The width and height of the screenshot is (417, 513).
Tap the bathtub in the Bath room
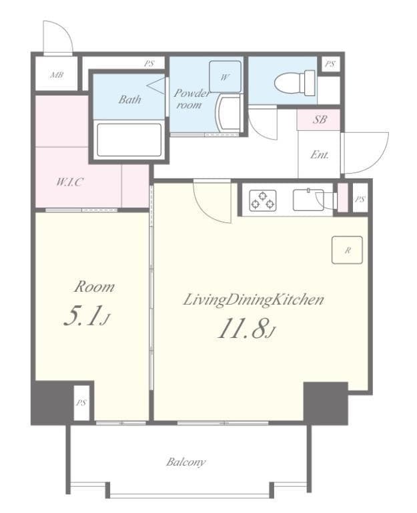coord(129,140)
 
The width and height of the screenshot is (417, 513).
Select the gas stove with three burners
coord(263,200)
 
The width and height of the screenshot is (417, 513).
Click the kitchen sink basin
coord(308,200)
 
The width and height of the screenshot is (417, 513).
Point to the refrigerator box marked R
coord(347,250)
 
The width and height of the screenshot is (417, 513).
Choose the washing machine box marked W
coord(225,77)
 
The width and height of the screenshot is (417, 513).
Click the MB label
coord(57,75)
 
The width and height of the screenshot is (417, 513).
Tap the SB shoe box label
coord(320,120)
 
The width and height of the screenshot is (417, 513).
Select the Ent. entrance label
coord(320,154)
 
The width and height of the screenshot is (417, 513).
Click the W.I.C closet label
coord(69,182)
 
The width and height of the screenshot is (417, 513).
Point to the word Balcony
coord(185,462)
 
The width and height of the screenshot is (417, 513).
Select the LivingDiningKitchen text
coord(254,300)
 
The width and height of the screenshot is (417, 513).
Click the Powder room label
coord(191,98)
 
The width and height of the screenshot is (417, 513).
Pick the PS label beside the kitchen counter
coord(360,199)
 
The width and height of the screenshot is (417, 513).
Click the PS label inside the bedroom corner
coord(81,402)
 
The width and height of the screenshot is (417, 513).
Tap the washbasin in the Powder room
coord(228,113)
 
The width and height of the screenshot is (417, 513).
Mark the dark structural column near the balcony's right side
coord(326,403)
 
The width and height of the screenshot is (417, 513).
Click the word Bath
coord(129,99)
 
